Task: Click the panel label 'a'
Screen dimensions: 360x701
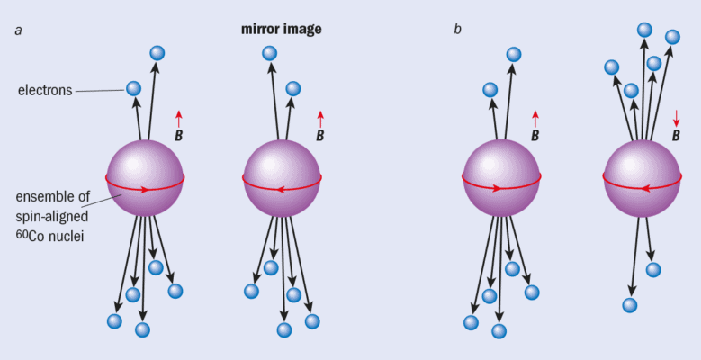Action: coord(18,30)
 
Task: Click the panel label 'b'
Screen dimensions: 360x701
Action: coord(457,30)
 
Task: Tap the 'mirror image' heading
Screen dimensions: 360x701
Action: coord(281,29)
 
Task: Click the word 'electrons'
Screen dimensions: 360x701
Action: coord(44,91)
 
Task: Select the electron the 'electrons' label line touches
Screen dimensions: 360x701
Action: coord(133,88)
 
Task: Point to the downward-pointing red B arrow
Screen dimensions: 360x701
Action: coord(677,118)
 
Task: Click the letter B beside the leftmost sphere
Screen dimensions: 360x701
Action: coord(179,137)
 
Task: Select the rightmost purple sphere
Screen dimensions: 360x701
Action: coord(642,177)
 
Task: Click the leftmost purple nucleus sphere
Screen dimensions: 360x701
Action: coord(146,177)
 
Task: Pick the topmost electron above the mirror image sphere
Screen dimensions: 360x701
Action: coord(269,53)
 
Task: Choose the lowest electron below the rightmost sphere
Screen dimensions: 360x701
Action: coord(630,305)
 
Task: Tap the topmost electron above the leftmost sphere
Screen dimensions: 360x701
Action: coord(157,53)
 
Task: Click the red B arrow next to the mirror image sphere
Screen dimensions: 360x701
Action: coord(320,118)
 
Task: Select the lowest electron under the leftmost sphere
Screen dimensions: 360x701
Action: coord(142,329)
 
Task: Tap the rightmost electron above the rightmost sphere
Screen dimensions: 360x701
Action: coord(672,37)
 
